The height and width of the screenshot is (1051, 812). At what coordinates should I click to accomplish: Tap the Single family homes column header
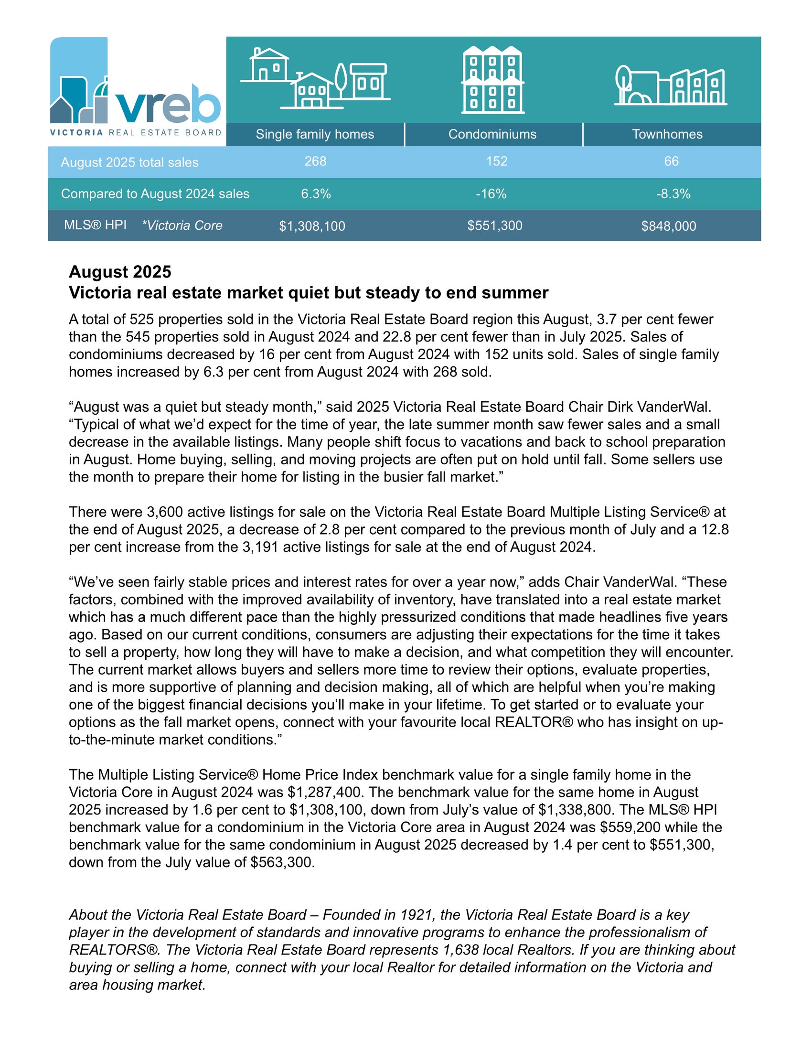pyautogui.click(x=315, y=134)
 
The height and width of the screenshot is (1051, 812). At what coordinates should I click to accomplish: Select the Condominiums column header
pyautogui.click(x=492, y=134)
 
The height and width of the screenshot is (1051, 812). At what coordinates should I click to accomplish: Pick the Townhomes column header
pyautogui.click(x=667, y=134)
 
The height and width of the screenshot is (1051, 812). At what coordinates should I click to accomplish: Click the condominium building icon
pyautogui.click(x=492, y=80)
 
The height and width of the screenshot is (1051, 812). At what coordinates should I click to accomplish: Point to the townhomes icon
pyautogui.click(x=670, y=86)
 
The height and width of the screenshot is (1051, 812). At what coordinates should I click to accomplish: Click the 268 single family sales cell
pyautogui.click(x=315, y=161)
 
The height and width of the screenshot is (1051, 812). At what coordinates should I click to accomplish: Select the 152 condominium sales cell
pyautogui.click(x=496, y=161)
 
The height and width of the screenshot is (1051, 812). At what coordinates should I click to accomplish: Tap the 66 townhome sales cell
pyautogui.click(x=671, y=161)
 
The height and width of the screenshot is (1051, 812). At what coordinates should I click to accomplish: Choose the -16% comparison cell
pyautogui.click(x=491, y=194)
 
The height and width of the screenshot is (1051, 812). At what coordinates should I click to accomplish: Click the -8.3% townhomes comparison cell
pyautogui.click(x=673, y=194)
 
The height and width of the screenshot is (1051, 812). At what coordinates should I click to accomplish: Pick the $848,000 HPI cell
pyautogui.click(x=668, y=226)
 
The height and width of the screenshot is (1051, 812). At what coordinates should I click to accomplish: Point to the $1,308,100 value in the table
pyautogui.click(x=312, y=226)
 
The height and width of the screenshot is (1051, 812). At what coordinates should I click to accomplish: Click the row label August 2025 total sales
pyautogui.click(x=129, y=162)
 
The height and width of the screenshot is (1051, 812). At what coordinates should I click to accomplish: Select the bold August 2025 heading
pyautogui.click(x=120, y=272)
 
